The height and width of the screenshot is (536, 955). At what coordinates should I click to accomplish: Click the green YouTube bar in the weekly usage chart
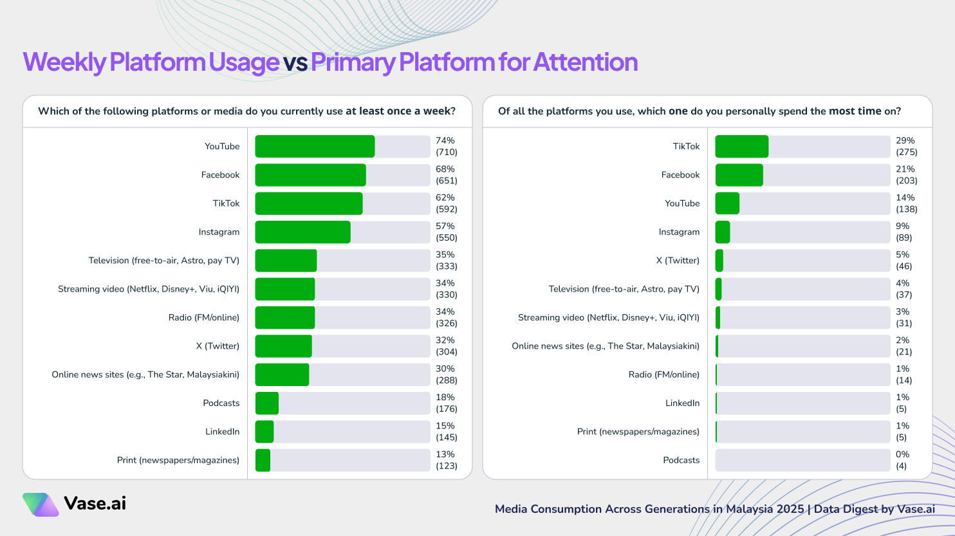click(x=315, y=146)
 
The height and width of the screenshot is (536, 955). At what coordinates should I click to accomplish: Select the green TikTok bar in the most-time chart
click(x=741, y=146)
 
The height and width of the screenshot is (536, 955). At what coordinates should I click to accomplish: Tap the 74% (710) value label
click(x=446, y=146)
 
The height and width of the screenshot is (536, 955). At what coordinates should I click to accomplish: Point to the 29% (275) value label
click(x=906, y=146)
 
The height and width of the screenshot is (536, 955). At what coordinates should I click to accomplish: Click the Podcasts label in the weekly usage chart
click(x=221, y=403)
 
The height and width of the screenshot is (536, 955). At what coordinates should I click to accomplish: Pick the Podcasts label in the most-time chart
click(x=681, y=460)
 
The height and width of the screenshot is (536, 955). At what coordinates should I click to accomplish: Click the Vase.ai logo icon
click(x=41, y=504)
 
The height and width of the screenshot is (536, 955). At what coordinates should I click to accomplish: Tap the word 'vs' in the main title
click(x=295, y=62)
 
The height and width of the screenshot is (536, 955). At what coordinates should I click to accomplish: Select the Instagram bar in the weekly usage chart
click(x=302, y=232)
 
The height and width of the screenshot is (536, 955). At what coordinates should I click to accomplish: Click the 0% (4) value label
click(x=902, y=460)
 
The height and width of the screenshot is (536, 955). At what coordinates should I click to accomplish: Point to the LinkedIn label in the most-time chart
click(x=682, y=403)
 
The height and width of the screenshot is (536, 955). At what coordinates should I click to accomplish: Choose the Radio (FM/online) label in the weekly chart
click(x=203, y=317)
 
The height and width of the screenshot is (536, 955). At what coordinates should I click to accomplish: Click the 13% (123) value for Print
click(x=446, y=460)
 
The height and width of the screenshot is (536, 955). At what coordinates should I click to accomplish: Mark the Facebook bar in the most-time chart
click(x=739, y=175)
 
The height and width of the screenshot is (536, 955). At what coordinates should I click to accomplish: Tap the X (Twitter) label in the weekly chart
click(x=218, y=346)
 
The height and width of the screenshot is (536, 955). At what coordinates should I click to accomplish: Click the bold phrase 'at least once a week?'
click(x=400, y=111)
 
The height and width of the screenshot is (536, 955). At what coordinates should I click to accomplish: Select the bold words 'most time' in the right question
click(x=855, y=111)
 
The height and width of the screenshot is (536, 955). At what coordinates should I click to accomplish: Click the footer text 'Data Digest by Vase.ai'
click(x=874, y=509)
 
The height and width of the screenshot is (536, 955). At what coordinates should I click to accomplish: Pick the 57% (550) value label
click(x=446, y=232)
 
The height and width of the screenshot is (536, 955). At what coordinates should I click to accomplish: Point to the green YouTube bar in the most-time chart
click(x=727, y=203)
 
